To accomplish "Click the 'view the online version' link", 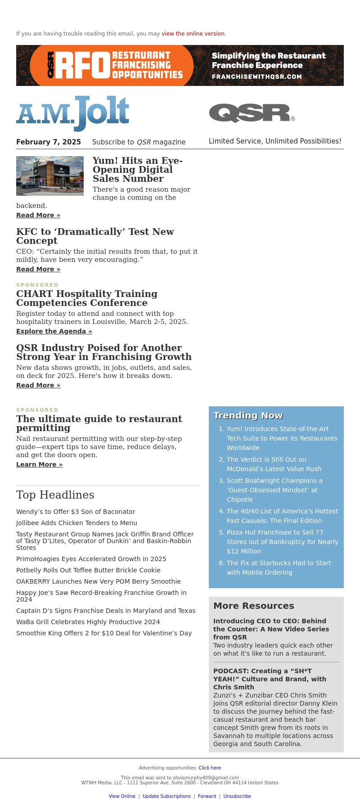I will coord(193,34).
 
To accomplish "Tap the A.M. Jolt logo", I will coord(72,113).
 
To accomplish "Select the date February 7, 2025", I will coord(49,142).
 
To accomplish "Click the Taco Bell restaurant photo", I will coord(50,176).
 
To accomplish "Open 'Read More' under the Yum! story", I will coord(38,215).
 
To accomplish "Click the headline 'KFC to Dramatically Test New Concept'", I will coord(95,236).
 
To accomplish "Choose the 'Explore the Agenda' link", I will coord(54,331).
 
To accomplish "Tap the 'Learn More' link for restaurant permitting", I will coord(39,464).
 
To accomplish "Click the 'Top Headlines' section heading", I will coord(55,495).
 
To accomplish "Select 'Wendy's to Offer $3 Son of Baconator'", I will coord(76,512).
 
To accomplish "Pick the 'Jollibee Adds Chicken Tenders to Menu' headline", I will coord(76,523).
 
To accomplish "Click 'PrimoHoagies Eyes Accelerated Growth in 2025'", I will coord(91,559).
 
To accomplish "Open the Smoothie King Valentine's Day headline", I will coord(104,633).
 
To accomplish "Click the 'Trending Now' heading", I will coord(248,415).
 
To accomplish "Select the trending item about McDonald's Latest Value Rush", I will coord(274,464).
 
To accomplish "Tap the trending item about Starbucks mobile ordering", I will coord(279,567).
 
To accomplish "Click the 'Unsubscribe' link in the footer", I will coord(237,796).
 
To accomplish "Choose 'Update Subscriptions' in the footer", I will coord(166,796).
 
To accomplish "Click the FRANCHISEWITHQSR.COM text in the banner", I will coord(256,76).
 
